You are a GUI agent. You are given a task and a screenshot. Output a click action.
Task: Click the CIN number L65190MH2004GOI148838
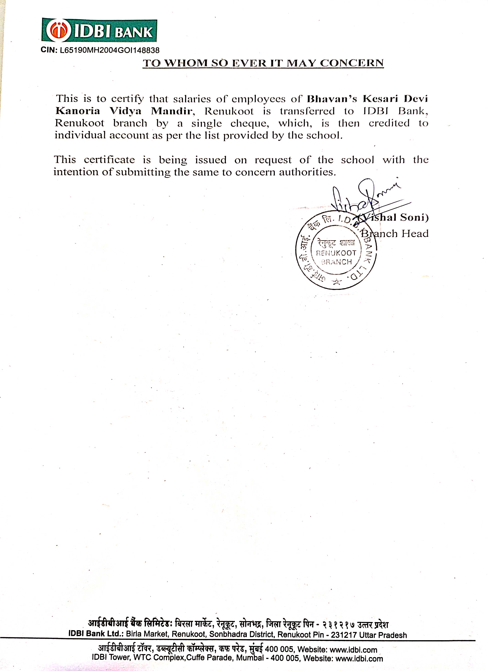(109, 50)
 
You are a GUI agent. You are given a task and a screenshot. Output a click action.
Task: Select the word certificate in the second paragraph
(109, 160)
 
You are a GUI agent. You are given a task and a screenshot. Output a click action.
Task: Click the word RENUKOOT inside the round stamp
(336, 253)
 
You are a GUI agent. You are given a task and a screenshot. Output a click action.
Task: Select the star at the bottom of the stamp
(337, 282)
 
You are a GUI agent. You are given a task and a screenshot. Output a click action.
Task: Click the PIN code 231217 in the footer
(344, 635)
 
